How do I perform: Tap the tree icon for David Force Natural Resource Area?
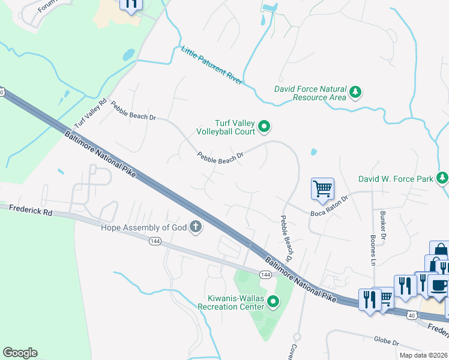(357, 92)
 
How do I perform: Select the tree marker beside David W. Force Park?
(442, 178)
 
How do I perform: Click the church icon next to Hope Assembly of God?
(194, 227)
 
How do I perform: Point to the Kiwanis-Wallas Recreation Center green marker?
(273, 302)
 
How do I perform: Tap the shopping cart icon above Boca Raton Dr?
(323, 189)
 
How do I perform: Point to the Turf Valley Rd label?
(90, 113)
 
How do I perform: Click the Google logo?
(20, 353)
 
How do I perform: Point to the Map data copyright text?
(423, 355)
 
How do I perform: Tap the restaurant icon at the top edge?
(131, 4)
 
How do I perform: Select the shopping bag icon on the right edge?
(439, 250)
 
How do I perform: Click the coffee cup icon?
(439, 284)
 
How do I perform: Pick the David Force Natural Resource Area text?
(310, 92)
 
